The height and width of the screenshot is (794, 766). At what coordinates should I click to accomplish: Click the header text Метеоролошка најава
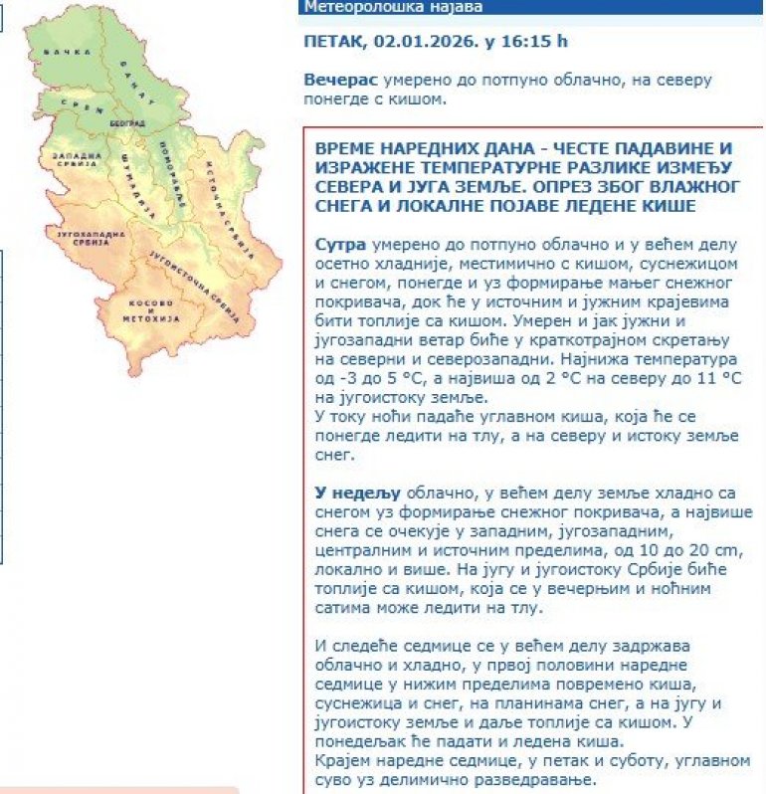[x=393, y=7]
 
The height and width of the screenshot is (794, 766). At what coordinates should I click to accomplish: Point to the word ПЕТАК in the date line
[x=335, y=42]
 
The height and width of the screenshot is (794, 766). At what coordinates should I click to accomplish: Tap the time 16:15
[x=524, y=42]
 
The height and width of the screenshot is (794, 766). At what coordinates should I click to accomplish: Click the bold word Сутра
[x=338, y=244]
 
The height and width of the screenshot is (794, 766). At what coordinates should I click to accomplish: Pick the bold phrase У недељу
[x=357, y=494]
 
